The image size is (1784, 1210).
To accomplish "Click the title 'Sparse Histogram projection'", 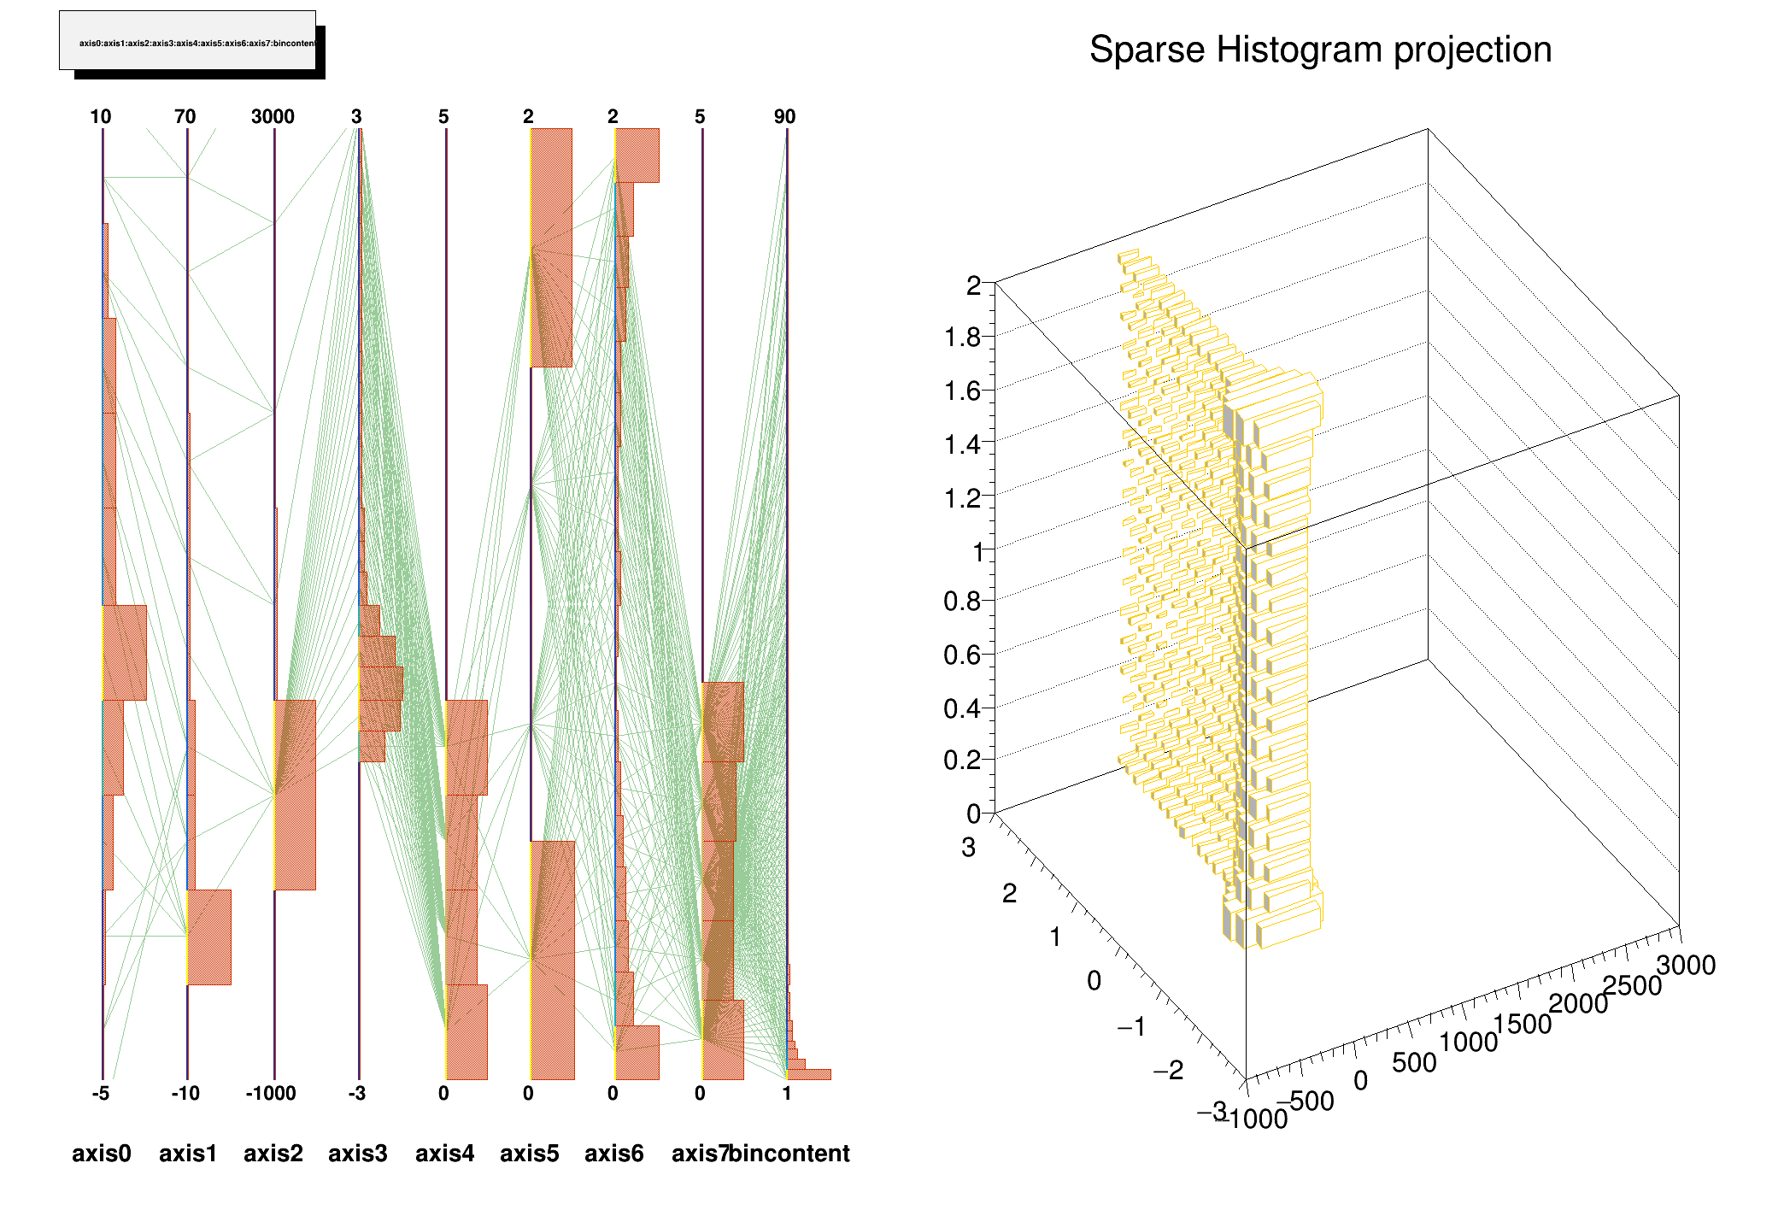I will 1320,50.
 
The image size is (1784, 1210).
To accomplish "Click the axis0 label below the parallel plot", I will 102,1154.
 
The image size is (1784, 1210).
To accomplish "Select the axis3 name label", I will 358,1154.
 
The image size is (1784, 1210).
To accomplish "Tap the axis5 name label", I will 530,1154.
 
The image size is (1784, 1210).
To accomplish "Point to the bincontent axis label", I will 790,1154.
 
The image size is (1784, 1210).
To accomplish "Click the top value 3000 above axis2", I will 273,117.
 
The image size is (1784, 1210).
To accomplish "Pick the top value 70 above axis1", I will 185,117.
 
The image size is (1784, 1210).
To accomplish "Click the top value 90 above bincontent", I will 784,117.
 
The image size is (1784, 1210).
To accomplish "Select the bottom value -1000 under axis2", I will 271,1094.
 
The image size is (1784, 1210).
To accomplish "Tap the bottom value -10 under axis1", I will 185,1094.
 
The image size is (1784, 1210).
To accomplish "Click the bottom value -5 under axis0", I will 101,1094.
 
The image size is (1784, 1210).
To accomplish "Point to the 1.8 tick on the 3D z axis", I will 962,338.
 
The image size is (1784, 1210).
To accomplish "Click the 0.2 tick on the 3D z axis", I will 962,760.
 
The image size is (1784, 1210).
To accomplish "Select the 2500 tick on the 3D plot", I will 1632,986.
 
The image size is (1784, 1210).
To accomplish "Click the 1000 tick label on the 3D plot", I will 1468,1042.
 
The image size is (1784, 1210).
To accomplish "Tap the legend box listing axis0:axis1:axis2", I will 188,41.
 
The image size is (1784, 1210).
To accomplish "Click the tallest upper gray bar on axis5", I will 551,248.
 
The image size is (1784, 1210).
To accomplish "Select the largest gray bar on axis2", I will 295,795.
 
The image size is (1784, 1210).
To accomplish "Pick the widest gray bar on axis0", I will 125,653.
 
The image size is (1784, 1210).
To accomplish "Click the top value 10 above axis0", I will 101,117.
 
